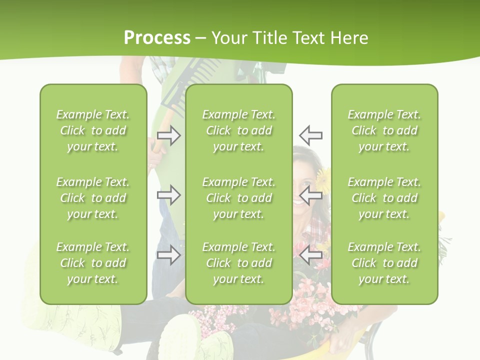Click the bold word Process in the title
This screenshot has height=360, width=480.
coord(157,38)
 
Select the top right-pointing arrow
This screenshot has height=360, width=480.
coord(168,135)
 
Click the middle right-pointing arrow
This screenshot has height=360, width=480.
coord(168,195)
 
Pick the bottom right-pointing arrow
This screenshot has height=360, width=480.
coord(168,255)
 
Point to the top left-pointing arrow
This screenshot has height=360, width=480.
coord(311,135)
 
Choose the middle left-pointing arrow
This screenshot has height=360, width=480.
coord(311,195)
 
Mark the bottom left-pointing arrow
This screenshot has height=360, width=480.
coord(311,255)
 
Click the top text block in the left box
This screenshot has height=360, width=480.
coord(93,130)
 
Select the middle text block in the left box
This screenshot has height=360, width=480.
coord(93,198)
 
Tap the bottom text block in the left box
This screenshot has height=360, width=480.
coord(93,263)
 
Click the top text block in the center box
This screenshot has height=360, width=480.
coord(238,130)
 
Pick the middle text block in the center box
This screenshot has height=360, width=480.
coord(238,198)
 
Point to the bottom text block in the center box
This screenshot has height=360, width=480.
coord(238,263)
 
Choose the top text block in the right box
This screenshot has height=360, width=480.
coord(384,130)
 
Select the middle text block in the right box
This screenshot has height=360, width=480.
coord(384,198)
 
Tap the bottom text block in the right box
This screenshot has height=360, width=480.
coord(384,263)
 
